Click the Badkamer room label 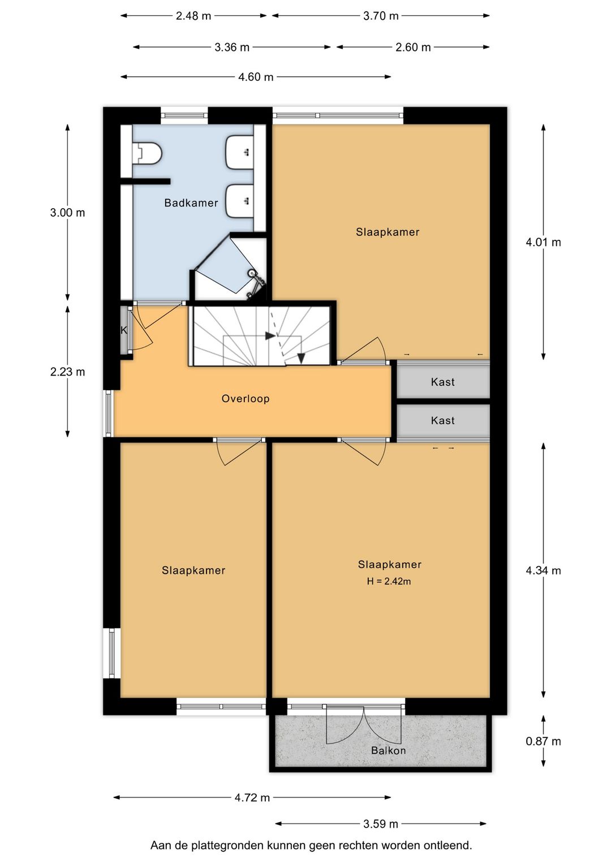(191, 202)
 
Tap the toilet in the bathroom (147, 153)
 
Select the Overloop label (245, 398)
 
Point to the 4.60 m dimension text (256, 77)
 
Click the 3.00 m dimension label (67, 212)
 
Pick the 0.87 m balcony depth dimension (543, 741)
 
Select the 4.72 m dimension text (252, 797)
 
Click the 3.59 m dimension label (381, 824)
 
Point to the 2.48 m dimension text (193, 16)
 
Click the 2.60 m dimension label (413, 47)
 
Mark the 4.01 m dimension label (543, 242)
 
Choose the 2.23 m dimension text (67, 372)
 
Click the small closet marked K (124, 330)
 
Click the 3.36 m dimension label (232, 47)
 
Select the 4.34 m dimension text (543, 570)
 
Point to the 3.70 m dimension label (381, 16)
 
